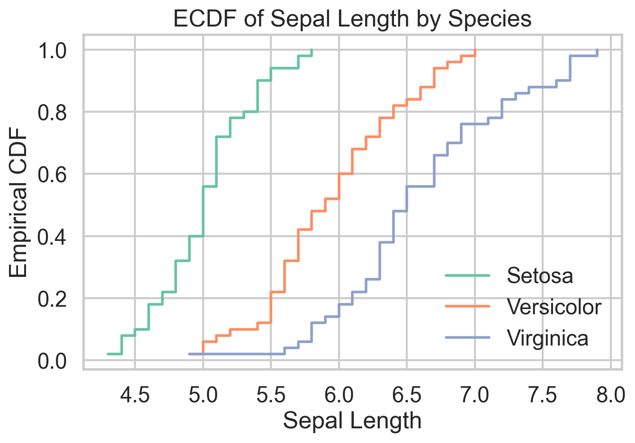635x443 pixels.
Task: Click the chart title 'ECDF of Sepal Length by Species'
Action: click(352, 19)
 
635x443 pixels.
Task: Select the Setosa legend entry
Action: click(539, 275)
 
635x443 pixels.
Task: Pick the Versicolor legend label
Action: click(554, 307)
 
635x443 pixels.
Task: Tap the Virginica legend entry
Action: click(547, 338)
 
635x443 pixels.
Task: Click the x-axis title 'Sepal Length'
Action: click(352, 421)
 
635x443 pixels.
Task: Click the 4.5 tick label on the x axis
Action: click(135, 395)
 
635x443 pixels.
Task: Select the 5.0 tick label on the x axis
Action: click(203, 395)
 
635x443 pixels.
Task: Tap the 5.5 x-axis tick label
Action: click(271, 395)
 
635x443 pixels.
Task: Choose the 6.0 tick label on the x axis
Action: click(339, 395)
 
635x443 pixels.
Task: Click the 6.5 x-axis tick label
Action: click(407, 395)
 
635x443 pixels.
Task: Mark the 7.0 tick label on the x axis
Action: click(475, 395)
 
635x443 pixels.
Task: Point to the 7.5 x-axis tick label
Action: click(543, 395)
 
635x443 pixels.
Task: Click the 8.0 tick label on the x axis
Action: click(610, 395)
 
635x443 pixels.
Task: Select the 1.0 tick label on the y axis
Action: click(53, 50)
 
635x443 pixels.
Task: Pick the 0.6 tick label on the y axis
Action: click(53, 174)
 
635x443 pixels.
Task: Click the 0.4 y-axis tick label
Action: click(53, 236)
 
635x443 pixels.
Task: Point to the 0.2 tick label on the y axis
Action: click(53, 299)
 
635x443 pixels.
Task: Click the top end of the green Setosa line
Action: click(312, 50)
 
